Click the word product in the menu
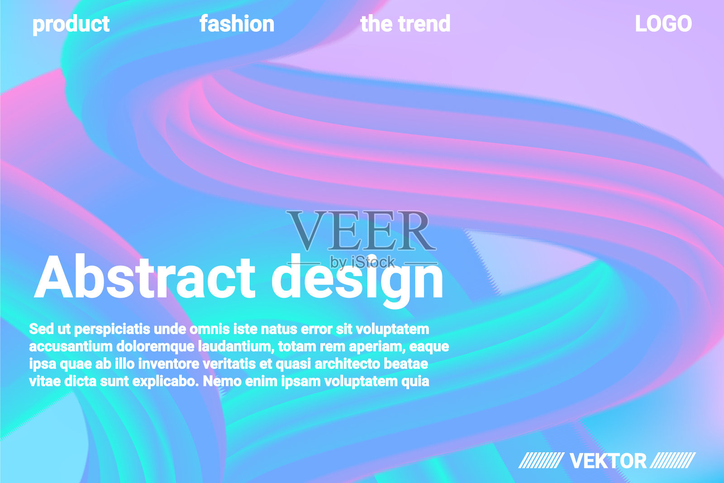tap(71, 24)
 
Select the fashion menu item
tap(237, 24)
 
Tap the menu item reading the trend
tap(405, 24)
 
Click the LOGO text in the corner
tap(663, 24)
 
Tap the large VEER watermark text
tap(361, 230)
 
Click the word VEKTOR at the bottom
tap(608, 461)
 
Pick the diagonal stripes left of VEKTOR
tap(541, 460)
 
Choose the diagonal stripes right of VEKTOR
tap(672, 460)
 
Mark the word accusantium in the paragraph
tap(71, 347)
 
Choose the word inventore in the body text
tap(170, 364)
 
